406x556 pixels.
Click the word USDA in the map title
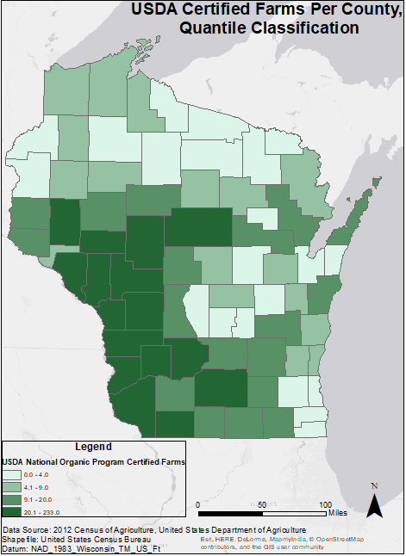pos(154,10)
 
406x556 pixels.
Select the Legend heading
pos(93,447)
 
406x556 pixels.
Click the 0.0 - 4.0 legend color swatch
pos(16,474)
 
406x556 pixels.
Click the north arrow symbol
pos(374,505)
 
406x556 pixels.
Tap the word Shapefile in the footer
pos(21,539)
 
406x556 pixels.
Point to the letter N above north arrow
pos(374,486)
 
